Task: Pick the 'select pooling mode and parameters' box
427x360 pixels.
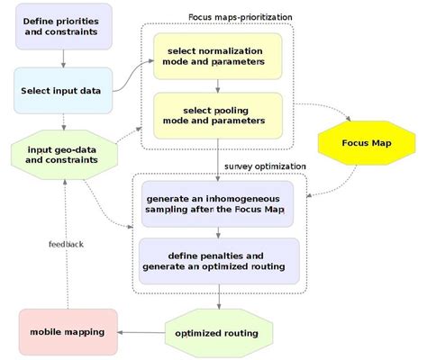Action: pyautogui.click(x=218, y=114)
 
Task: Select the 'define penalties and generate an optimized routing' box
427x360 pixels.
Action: pyautogui.click(x=219, y=259)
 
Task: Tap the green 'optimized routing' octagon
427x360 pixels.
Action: pyautogui.click(x=218, y=333)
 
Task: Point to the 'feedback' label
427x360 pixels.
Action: pyautogui.click(x=66, y=243)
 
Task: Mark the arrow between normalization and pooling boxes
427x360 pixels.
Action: pyautogui.click(x=218, y=85)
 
